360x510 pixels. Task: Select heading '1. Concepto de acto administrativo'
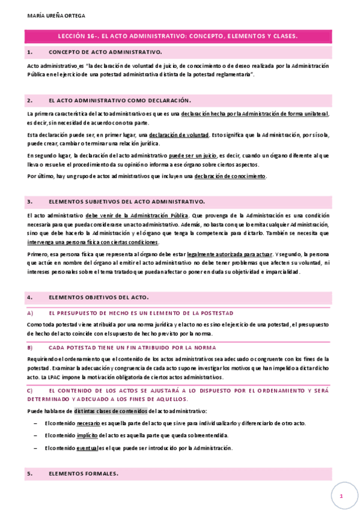pos(105,52)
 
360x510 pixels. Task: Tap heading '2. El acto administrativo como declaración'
pos(119,100)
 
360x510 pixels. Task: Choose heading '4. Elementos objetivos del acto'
pos(99,297)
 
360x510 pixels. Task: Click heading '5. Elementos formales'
pos(84,474)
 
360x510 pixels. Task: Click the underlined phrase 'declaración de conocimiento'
pos(230,176)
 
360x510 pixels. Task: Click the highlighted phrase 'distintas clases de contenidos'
pos(110,411)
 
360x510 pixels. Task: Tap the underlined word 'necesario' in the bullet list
pos(88,423)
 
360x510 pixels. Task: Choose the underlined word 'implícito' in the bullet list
pos(87,435)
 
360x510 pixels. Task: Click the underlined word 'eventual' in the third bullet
pos(88,448)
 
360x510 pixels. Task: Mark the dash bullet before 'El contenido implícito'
pos(37,435)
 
